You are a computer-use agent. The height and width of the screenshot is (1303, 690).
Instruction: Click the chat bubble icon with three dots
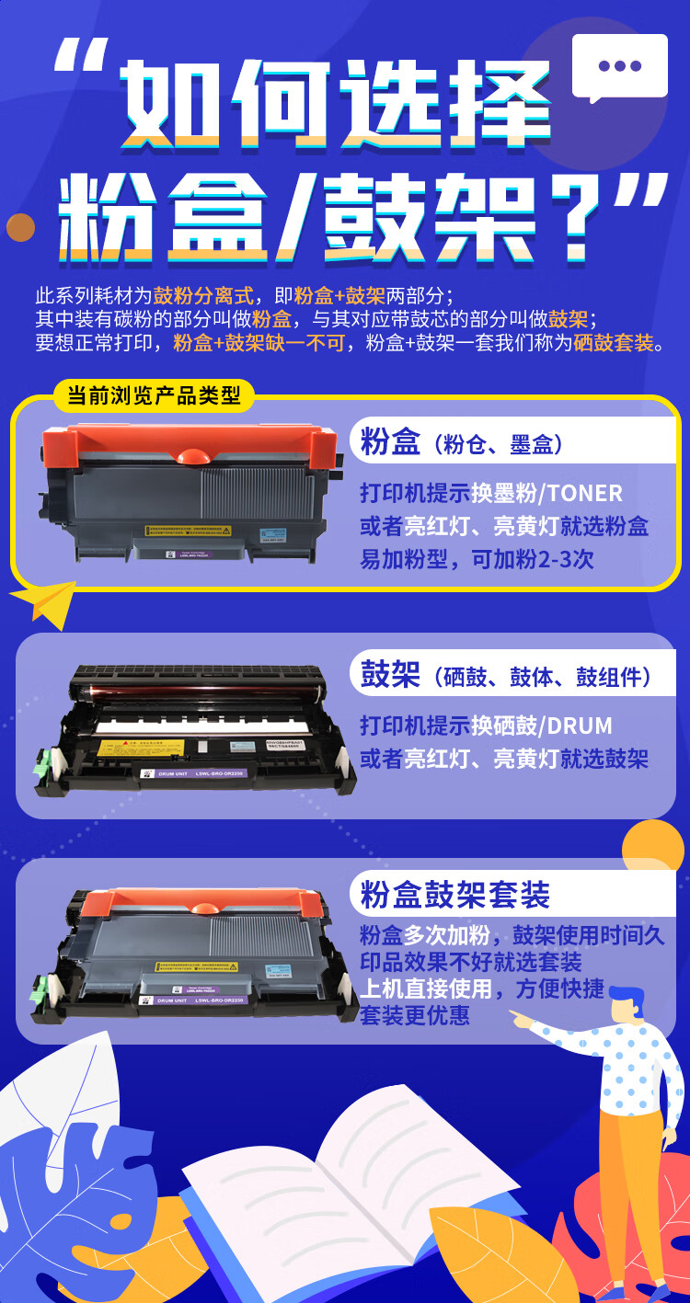[619, 66]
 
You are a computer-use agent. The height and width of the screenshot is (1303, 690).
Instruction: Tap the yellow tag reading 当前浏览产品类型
[154, 396]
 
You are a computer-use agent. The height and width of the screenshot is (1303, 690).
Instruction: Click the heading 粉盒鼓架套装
[455, 894]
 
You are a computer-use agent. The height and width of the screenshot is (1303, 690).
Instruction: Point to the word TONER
[585, 493]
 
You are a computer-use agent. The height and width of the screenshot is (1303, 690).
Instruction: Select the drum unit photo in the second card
[193, 726]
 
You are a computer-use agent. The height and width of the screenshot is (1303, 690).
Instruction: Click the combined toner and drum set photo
[193, 956]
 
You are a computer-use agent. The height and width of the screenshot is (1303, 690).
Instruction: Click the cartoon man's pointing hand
[522, 1020]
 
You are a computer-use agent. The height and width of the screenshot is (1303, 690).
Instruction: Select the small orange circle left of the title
[20, 226]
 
